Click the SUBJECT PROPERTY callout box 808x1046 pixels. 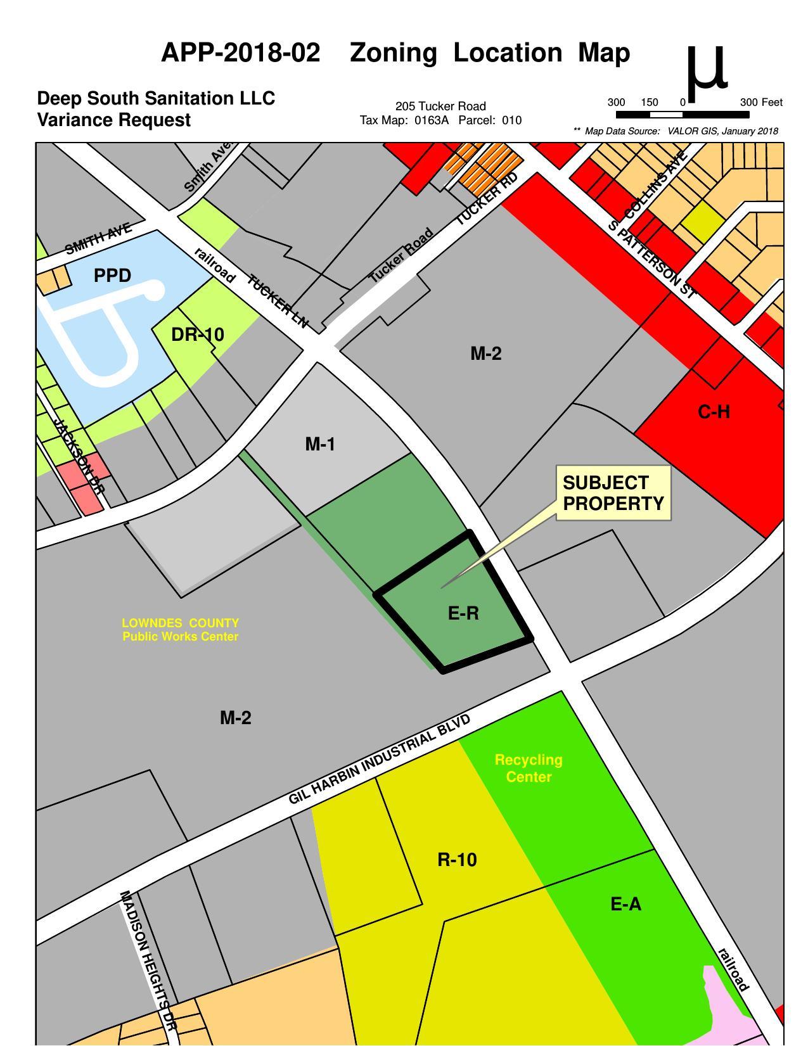coord(613,493)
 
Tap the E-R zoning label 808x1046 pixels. coord(463,613)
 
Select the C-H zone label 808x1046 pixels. coord(714,412)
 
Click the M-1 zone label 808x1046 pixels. coord(320,444)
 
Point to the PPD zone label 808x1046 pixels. coord(112,276)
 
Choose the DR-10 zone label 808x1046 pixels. coord(198,335)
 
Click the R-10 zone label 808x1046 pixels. coord(457,860)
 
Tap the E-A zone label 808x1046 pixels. coord(625,904)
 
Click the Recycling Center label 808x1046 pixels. coord(529,768)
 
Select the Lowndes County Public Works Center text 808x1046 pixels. coord(181,630)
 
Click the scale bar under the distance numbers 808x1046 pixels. coord(682,115)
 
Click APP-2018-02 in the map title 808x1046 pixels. coord(241,53)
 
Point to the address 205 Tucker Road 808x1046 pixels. coord(440,106)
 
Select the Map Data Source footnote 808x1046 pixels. coord(676,131)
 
